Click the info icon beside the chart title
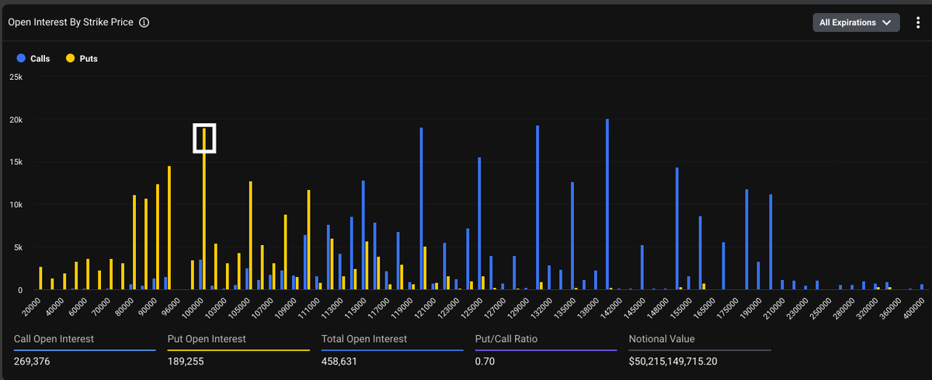(x=144, y=22)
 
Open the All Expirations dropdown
(x=855, y=22)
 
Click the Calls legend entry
(x=33, y=58)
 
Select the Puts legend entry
(x=82, y=58)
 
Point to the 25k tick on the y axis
(x=16, y=78)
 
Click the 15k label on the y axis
(x=16, y=162)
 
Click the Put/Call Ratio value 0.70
(x=485, y=361)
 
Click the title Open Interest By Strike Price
(x=70, y=22)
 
